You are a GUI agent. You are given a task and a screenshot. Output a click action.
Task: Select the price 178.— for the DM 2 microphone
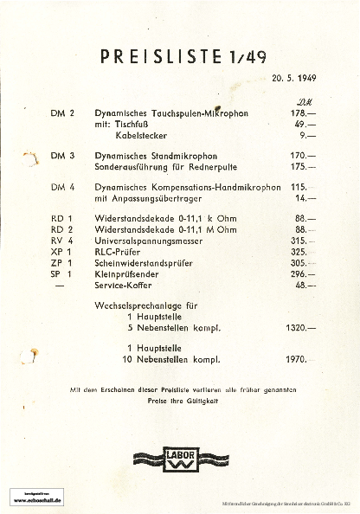[x=304, y=113]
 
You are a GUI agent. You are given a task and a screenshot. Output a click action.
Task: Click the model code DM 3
[x=63, y=156]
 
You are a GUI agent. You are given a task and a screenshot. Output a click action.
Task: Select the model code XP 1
[x=61, y=251]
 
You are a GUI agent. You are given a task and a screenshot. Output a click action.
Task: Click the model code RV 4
[x=61, y=240]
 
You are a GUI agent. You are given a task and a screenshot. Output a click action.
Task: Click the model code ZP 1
[x=61, y=262]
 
